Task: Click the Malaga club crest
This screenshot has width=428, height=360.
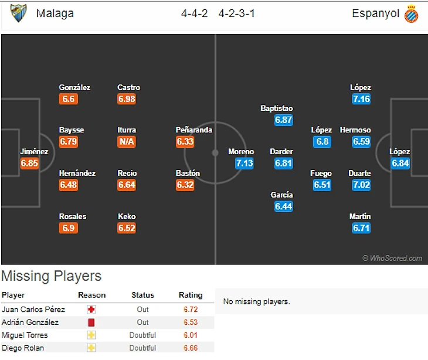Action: click(x=19, y=13)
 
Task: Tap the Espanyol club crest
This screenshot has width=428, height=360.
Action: click(x=412, y=13)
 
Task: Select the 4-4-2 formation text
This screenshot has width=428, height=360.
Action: click(x=194, y=13)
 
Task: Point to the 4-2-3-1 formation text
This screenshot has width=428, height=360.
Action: click(x=236, y=13)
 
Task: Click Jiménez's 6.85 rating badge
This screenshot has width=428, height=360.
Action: click(x=29, y=164)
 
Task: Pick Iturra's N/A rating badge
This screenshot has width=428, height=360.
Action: click(x=127, y=142)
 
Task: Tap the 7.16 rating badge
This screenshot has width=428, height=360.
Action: click(x=361, y=99)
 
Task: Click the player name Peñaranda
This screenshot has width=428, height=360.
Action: click(x=194, y=130)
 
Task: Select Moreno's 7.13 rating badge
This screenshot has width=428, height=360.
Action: click(x=244, y=164)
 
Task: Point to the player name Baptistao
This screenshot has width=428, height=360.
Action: click(x=277, y=108)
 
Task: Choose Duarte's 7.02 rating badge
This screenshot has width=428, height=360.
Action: click(x=361, y=185)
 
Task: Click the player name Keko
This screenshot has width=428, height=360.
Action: click(x=127, y=216)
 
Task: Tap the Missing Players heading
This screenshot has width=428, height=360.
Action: click(x=51, y=276)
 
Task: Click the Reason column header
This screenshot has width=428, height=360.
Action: click(x=91, y=295)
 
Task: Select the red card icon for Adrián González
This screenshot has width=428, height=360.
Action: click(x=91, y=322)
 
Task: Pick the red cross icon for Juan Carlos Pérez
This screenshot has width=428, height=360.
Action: click(x=91, y=310)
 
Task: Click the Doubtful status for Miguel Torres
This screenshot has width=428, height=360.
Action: click(x=143, y=335)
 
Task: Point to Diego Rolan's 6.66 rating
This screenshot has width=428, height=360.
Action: click(x=191, y=348)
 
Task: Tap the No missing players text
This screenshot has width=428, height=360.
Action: click(x=256, y=302)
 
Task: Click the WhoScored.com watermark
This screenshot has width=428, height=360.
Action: click(x=392, y=258)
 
